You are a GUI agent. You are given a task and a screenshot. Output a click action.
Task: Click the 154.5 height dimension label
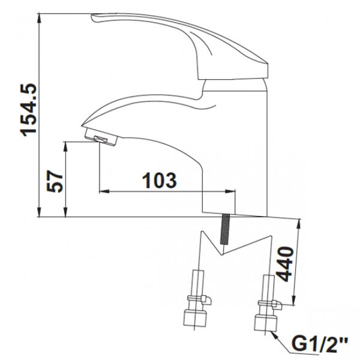tap(29, 110)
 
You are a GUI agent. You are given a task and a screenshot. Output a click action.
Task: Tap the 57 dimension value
tap(55, 181)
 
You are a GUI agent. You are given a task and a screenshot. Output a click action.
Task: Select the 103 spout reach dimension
tap(160, 180)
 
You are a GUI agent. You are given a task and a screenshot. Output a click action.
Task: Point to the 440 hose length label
tap(284, 264)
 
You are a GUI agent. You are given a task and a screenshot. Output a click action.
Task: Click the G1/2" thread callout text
tap(320, 346)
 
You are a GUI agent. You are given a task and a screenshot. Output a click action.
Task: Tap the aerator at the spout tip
tap(101, 137)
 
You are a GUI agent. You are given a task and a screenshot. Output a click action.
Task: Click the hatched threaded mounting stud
tap(224, 229)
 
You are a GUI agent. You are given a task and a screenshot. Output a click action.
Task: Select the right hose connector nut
tap(266, 323)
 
